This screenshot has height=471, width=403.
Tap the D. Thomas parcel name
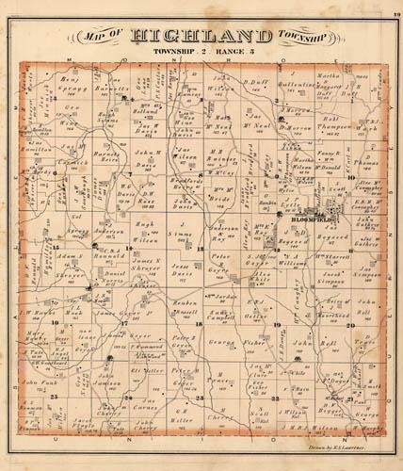point(368,164)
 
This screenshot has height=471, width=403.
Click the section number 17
point(125,323)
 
